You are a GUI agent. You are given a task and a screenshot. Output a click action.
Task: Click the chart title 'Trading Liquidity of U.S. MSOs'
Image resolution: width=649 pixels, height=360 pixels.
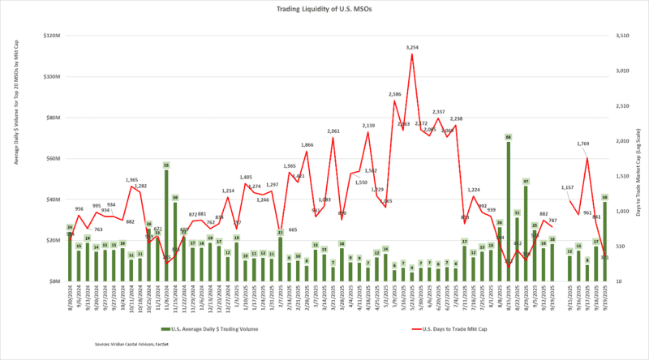click(324, 9)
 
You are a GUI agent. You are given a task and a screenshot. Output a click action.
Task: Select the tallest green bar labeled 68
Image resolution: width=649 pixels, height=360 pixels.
click(508, 211)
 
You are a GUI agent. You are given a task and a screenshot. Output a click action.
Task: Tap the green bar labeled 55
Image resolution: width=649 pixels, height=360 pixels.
click(166, 223)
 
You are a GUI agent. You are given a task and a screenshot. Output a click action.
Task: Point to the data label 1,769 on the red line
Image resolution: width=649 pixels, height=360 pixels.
click(582, 144)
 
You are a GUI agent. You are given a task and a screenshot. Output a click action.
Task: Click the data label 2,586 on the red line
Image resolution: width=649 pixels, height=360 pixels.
click(394, 94)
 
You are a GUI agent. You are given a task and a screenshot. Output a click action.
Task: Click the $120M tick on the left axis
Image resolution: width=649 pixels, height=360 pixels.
click(52, 36)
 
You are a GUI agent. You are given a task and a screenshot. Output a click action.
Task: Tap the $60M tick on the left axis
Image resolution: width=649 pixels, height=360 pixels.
click(54, 159)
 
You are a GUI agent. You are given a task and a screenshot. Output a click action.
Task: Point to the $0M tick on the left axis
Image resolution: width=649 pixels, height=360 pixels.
click(56, 281)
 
